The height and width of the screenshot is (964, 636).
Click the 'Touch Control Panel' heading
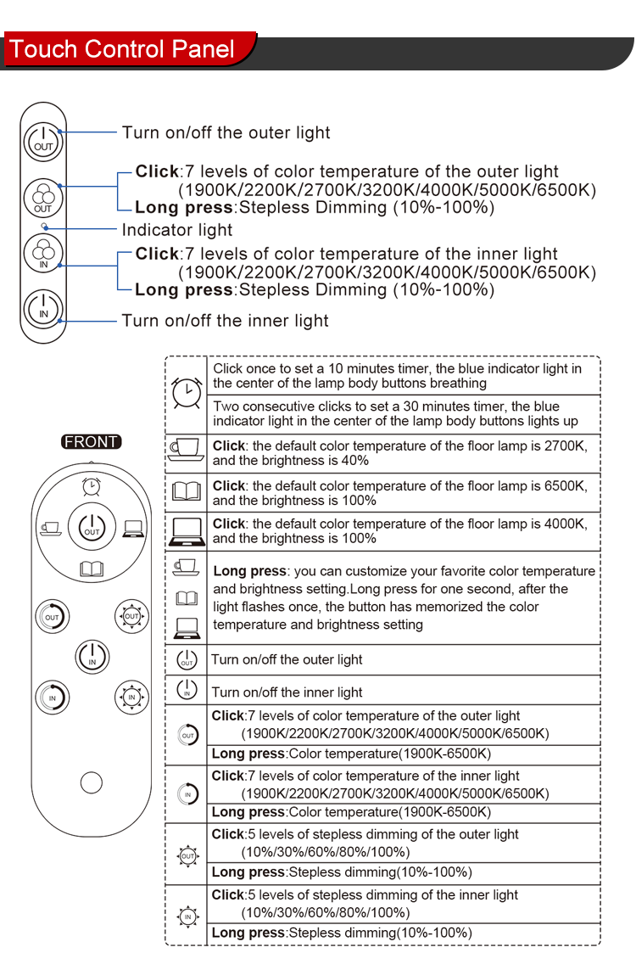pyautogui.click(x=123, y=48)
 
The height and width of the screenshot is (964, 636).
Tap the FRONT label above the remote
pyautogui.click(x=92, y=441)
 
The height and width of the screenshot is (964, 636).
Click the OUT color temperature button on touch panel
pyautogui.click(x=43, y=198)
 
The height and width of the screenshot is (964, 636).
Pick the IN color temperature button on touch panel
pyautogui.click(x=43, y=254)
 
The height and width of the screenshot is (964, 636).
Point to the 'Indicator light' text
pyautogui.click(x=177, y=230)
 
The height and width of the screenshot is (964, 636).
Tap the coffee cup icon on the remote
pyautogui.click(x=50, y=527)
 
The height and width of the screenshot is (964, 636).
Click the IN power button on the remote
pyautogui.click(x=92, y=656)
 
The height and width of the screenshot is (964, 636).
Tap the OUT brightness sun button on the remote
pyautogui.click(x=131, y=616)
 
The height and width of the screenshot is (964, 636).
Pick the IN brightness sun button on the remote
pyautogui.click(x=131, y=697)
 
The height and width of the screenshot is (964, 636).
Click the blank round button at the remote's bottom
pyautogui.click(x=92, y=782)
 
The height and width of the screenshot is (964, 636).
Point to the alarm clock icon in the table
pyautogui.click(x=186, y=393)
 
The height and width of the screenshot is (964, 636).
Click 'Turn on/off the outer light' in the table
pyautogui.click(x=287, y=659)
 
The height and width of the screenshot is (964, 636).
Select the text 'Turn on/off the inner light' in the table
pyautogui.click(x=287, y=692)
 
